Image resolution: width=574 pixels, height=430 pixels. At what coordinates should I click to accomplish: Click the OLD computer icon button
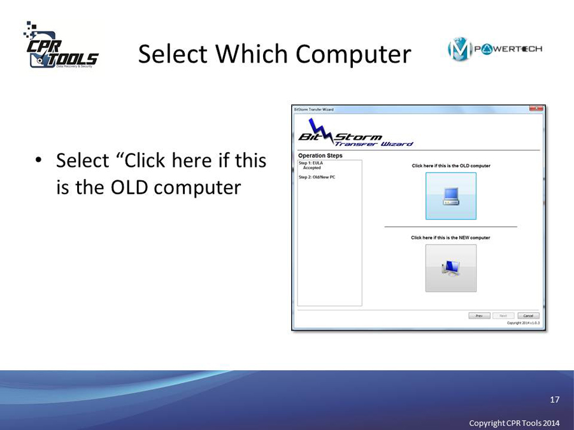coord(450,196)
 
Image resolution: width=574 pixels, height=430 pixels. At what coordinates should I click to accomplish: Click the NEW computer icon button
coord(450,268)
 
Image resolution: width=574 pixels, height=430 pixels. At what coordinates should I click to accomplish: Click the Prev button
coord(479,315)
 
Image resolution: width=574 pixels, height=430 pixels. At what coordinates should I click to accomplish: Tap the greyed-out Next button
coord(503,315)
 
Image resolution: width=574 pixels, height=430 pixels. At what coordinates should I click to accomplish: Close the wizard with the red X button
coord(536,109)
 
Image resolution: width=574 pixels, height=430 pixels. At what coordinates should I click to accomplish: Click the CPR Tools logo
coord(61,47)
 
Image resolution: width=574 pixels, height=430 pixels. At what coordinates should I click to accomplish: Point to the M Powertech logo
coord(494,49)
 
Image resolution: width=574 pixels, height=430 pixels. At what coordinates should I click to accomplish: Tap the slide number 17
coord(554,399)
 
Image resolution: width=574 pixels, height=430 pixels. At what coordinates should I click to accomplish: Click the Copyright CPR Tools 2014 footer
coord(514,423)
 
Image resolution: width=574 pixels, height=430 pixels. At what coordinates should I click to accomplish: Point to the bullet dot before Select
coord(39,161)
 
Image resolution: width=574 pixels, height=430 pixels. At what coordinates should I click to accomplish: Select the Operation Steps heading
coord(320,155)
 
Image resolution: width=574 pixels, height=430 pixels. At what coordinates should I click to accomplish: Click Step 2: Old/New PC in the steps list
coord(317,177)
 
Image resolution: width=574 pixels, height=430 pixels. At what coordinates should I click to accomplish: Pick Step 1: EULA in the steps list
coord(311,162)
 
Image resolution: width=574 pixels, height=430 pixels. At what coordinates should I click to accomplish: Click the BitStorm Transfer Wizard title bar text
coord(313,110)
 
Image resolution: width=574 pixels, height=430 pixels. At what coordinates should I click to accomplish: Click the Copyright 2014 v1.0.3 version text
coord(523,323)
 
